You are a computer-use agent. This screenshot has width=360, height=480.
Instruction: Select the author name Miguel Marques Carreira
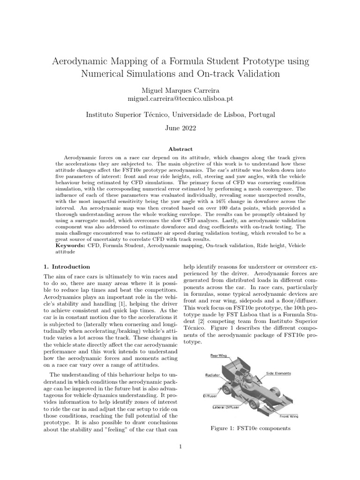click(x=180, y=90)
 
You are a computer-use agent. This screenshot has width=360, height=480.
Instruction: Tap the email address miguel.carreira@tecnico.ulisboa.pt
click(x=180, y=99)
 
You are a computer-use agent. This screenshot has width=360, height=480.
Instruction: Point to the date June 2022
click(x=180, y=127)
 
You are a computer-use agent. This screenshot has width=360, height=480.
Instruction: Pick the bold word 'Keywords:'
click(x=70, y=245)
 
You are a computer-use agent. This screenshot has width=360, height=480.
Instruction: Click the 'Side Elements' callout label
click(x=278, y=374)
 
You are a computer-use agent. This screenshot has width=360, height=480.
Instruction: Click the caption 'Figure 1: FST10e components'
click(x=251, y=428)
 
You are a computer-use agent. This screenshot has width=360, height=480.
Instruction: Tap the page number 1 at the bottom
click(x=180, y=446)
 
